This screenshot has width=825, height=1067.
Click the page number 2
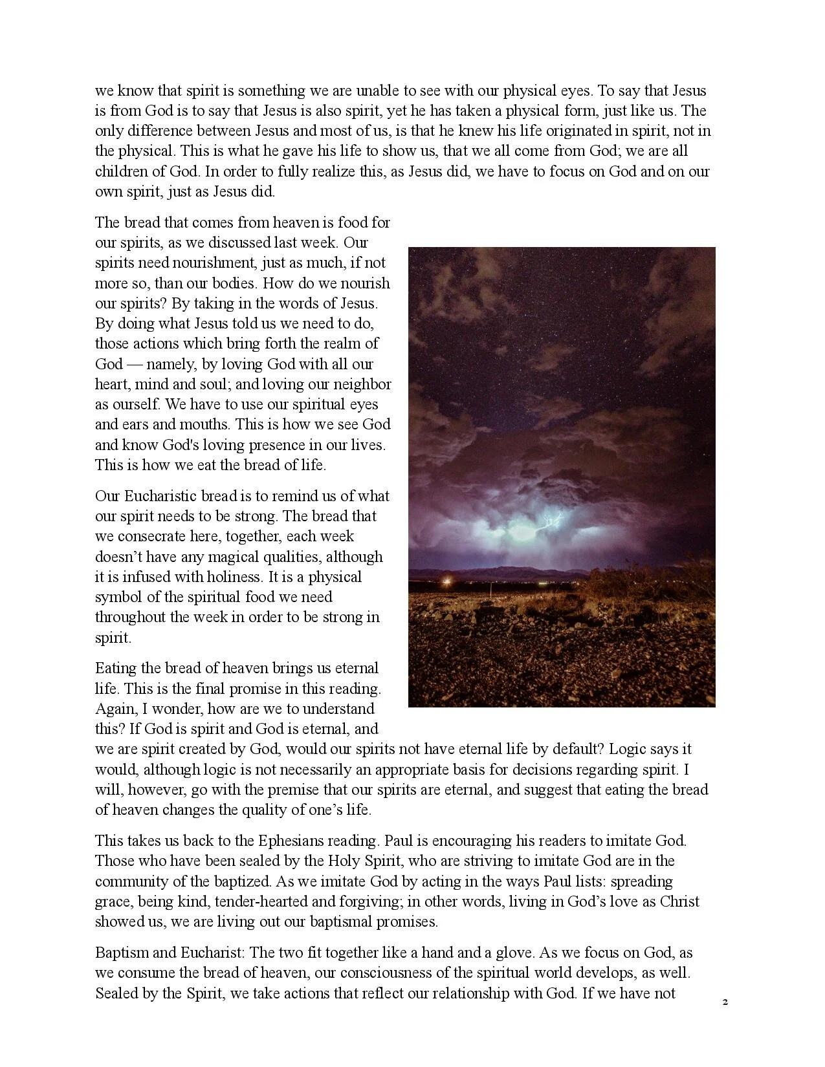point(725,1002)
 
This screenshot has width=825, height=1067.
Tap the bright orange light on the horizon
point(446,581)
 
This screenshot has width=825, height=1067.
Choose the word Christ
point(679,901)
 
